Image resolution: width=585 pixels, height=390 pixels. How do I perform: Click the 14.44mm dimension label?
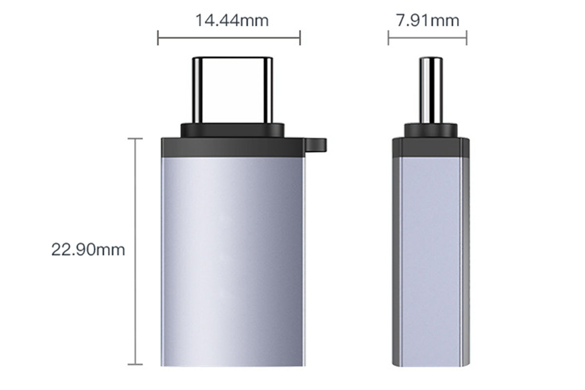point(232,20)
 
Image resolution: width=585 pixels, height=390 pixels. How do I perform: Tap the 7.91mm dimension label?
point(428,20)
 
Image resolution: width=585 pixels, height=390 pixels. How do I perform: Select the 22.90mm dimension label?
point(88,250)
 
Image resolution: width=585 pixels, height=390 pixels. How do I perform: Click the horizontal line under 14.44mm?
point(229,38)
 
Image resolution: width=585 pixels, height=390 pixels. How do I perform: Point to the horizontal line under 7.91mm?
point(428,38)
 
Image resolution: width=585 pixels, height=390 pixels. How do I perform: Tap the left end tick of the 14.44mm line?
point(158,38)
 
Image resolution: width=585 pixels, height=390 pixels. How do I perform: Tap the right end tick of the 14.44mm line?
point(300,38)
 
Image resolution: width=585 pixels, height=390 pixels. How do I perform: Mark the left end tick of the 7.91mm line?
point(389,38)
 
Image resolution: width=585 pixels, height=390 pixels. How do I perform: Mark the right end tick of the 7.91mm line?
point(467,38)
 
